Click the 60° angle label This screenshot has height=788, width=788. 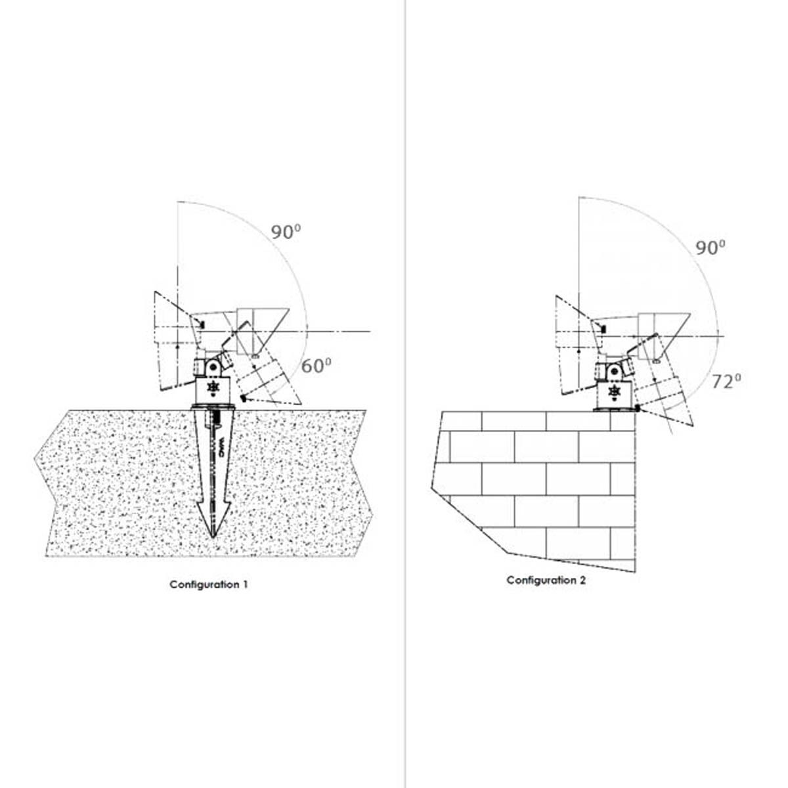click(316, 365)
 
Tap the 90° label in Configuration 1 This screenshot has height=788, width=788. click(286, 232)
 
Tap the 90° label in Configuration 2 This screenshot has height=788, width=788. click(711, 248)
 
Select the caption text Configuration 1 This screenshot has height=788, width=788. click(209, 584)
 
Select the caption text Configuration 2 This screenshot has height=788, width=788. click(546, 580)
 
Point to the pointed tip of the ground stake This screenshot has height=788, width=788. click(213, 537)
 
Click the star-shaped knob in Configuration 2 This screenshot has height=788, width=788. click(613, 391)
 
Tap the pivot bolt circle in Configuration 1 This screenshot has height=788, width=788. click(213, 367)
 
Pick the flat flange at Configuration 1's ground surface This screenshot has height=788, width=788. click(213, 406)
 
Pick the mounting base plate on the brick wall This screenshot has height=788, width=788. click(615, 408)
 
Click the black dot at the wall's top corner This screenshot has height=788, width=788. click(638, 408)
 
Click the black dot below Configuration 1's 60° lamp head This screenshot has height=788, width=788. click(244, 399)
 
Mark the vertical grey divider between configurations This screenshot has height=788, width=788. click(405, 394)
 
